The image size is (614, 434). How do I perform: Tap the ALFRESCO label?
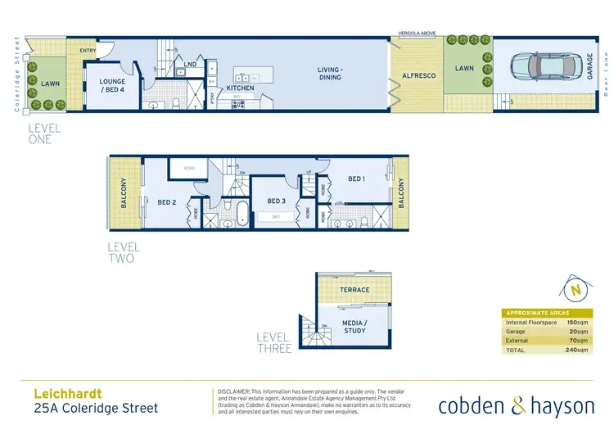pos(418,75)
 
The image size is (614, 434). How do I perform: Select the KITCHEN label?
pos(240,88)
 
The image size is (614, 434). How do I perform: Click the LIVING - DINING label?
pos(330,74)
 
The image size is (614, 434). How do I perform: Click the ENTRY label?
pos(88,51)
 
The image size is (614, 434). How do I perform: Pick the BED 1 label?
pos(355,179)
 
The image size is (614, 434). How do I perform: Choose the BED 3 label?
pos(276,201)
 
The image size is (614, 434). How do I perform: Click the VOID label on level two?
pos(189,169)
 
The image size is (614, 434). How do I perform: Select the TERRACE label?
pos(354,290)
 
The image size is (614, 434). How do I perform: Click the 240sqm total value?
pos(577,350)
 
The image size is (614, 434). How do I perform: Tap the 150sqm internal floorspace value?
pos(577,322)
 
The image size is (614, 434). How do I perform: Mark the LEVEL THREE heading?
pos(273,342)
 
